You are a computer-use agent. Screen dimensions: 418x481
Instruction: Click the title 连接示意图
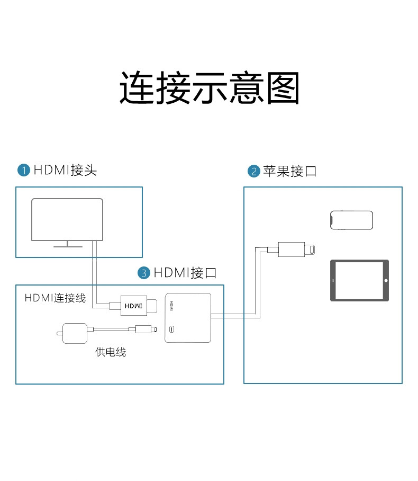[x=209, y=87]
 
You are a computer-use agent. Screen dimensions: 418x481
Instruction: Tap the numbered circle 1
[x=24, y=170]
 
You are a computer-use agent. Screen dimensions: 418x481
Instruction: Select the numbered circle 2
[x=253, y=171]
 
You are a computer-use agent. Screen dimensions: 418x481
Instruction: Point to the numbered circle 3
[x=144, y=273]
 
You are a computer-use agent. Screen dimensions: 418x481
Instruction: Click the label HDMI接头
[x=65, y=170]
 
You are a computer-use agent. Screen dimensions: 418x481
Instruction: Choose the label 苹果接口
[x=289, y=171]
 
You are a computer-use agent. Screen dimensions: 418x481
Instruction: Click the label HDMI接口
[x=185, y=273]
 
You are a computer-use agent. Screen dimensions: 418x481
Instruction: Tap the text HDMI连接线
[x=55, y=298]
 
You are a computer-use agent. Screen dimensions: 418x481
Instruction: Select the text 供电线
[x=111, y=352]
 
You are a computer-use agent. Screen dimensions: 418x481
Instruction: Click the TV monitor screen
[x=67, y=219]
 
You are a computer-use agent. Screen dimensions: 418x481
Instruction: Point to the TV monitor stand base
[x=67, y=246]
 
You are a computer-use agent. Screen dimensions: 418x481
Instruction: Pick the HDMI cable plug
[x=134, y=306]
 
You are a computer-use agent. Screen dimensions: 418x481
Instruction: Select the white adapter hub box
[x=188, y=317]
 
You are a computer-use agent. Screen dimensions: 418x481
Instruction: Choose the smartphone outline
[x=351, y=220]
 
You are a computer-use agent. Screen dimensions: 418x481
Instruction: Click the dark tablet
[x=359, y=280]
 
